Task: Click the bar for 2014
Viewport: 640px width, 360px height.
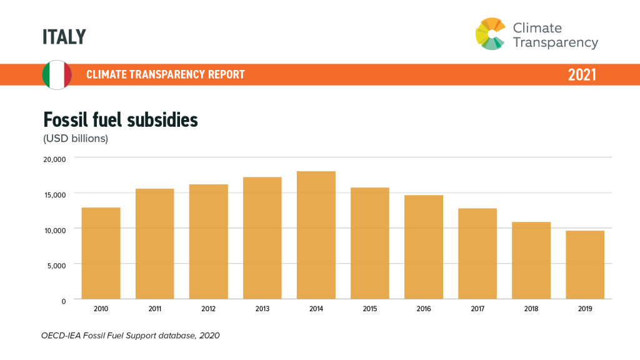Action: tap(316, 235)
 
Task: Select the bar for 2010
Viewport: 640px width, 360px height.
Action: tap(101, 253)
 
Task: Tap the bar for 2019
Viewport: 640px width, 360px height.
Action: tap(585, 265)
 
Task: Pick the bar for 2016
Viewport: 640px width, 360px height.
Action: tap(424, 247)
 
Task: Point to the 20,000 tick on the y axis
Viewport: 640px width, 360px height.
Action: tap(54, 159)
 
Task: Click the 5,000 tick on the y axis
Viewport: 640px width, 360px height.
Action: tap(56, 265)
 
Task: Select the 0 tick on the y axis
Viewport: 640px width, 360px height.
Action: tap(62, 301)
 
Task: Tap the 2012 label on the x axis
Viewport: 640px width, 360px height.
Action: tap(209, 309)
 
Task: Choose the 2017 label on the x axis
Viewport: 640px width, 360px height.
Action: tap(477, 309)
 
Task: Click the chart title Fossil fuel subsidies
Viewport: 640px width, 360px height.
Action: tap(120, 119)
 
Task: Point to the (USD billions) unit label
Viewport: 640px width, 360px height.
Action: tap(76, 138)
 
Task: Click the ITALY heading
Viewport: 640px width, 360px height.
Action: tap(64, 37)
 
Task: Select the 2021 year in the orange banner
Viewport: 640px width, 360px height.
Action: tap(582, 75)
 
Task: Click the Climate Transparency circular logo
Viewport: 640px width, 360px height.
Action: tap(491, 34)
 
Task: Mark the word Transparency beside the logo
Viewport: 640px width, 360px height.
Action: tap(555, 42)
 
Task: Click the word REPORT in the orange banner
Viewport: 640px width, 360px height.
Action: tap(226, 75)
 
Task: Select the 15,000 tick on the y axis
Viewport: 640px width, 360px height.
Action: tap(54, 194)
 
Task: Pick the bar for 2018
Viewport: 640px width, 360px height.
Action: tap(531, 261)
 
